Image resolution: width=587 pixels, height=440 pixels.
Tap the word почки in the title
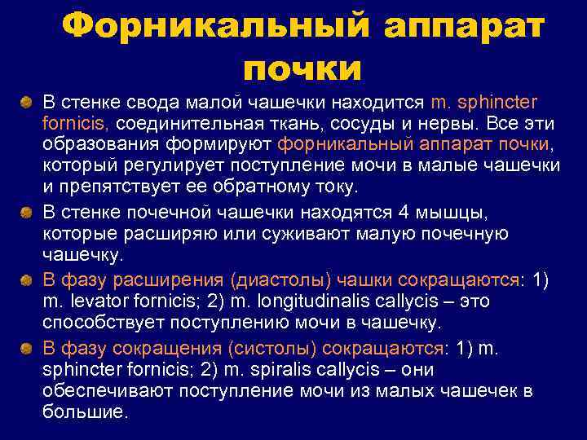click(302, 68)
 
